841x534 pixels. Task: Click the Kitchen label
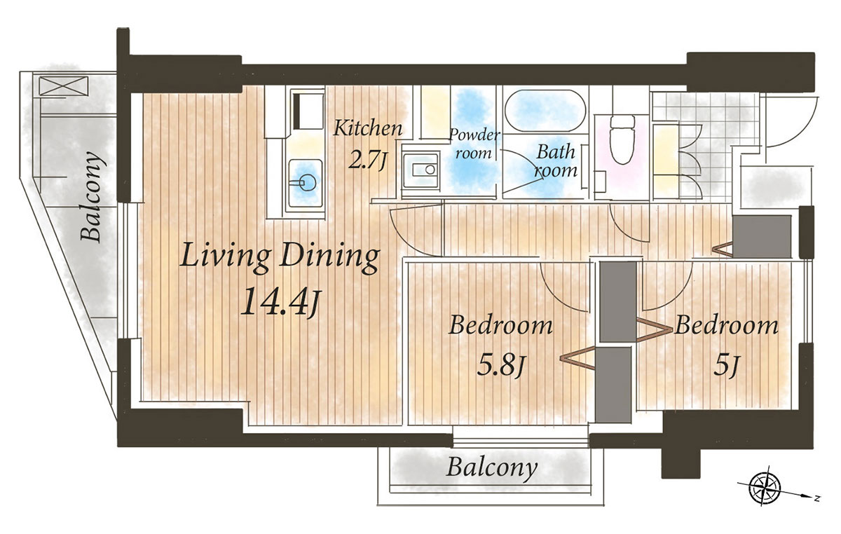[x=367, y=128]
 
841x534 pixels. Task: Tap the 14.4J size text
[x=280, y=301]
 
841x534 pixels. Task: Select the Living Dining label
[x=280, y=257]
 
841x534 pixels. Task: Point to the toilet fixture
[x=622, y=139]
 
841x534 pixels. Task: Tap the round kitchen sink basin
[x=307, y=183]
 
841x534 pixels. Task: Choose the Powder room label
[x=474, y=144]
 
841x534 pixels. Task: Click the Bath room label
[x=556, y=161]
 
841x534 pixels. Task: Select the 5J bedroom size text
[x=726, y=366]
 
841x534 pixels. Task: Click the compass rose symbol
[x=765, y=489]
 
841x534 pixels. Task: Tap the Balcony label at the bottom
[x=492, y=468]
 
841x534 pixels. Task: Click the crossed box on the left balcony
[x=64, y=86]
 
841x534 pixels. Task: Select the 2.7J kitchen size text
[x=367, y=160]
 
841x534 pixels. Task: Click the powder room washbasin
[x=420, y=171]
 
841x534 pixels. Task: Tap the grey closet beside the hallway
[x=762, y=237]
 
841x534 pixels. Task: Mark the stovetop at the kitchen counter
[x=308, y=111]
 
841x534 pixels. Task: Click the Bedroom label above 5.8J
[x=500, y=325]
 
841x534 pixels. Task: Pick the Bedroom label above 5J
[x=727, y=326]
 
